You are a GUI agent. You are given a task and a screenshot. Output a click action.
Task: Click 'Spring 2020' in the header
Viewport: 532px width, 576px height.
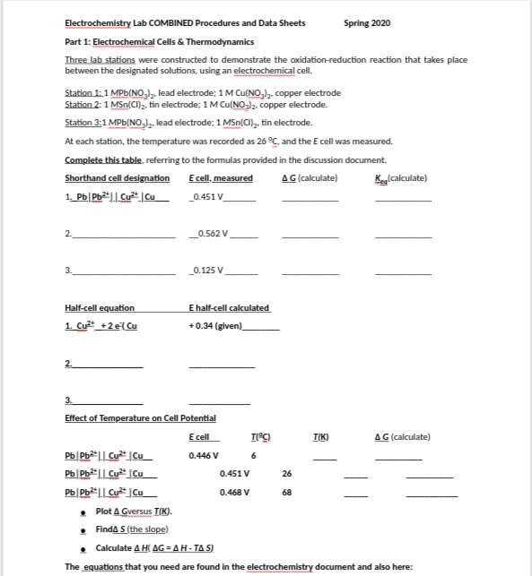click(367, 22)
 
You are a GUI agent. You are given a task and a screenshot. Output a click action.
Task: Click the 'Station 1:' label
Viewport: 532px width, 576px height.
click(85, 93)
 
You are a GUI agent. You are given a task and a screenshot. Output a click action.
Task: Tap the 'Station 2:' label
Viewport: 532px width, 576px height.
click(85, 105)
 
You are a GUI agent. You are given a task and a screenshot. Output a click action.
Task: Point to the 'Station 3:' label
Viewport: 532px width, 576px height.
click(85, 122)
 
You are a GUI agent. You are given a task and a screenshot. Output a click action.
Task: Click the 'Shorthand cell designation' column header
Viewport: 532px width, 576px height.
click(118, 178)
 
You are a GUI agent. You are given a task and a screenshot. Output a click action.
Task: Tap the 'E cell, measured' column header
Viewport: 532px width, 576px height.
click(221, 178)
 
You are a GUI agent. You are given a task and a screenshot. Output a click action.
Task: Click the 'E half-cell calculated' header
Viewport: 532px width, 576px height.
click(229, 308)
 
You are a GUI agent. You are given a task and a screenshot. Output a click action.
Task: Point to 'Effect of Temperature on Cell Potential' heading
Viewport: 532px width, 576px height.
click(141, 417)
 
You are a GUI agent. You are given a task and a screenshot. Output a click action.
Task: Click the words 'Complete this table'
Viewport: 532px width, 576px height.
click(100, 159)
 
